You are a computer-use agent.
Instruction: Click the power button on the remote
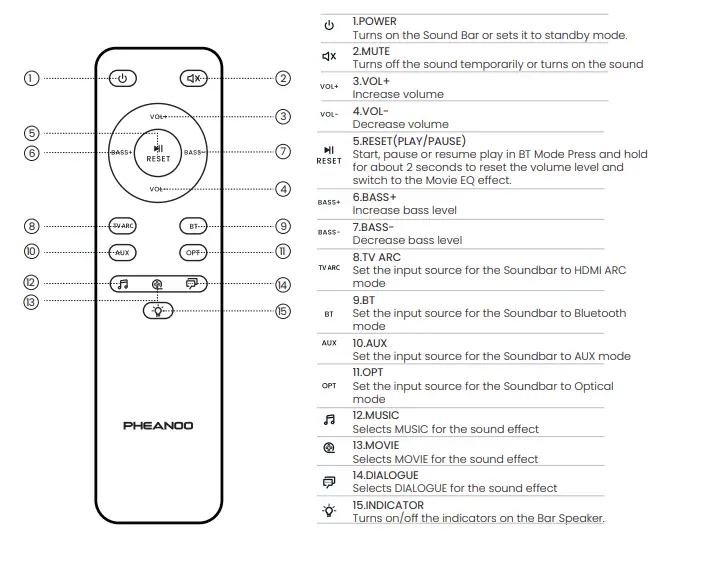click(x=122, y=78)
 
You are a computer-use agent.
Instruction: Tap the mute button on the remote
click(x=194, y=78)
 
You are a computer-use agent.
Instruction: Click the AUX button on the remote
click(x=122, y=252)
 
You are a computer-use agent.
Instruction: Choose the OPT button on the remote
click(x=194, y=252)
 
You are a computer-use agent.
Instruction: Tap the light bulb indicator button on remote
click(x=157, y=310)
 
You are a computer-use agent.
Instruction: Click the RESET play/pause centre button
click(x=158, y=152)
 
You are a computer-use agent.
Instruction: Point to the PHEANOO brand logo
click(x=158, y=425)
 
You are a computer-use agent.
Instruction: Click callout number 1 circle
click(x=32, y=78)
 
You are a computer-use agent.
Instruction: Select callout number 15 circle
click(x=283, y=311)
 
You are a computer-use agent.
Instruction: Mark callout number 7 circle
click(x=283, y=152)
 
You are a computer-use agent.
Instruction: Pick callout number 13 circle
click(x=32, y=301)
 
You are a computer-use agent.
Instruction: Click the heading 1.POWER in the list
click(x=375, y=21)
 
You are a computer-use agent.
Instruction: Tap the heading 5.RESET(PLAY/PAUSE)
click(x=409, y=141)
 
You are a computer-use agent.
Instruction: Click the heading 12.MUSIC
click(x=376, y=415)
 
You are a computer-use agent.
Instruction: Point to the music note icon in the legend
click(x=329, y=421)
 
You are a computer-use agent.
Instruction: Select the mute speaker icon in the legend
click(x=329, y=57)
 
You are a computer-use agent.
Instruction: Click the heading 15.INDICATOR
click(x=388, y=505)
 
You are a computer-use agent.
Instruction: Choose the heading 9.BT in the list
click(x=364, y=299)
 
